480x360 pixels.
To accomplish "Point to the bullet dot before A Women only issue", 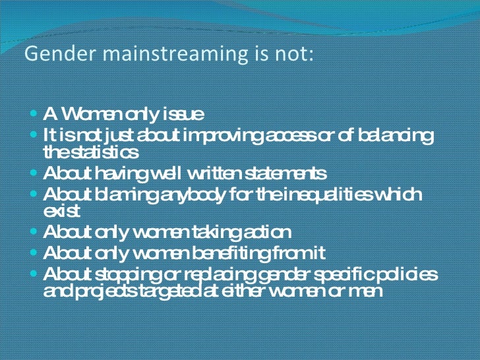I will pyautogui.click(x=34, y=114).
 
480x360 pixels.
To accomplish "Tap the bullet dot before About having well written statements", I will pyautogui.click(x=34, y=173).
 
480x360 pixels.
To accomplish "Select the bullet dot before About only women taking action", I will pyautogui.click(x=34, y=232).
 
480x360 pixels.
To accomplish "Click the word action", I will pyautogui.click(x=266, y=233).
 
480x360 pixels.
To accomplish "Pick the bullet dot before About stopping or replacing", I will pyautogui.click(x=34, y=274).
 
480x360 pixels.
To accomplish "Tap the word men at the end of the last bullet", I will pyautogui.click(x=367, y=291).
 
